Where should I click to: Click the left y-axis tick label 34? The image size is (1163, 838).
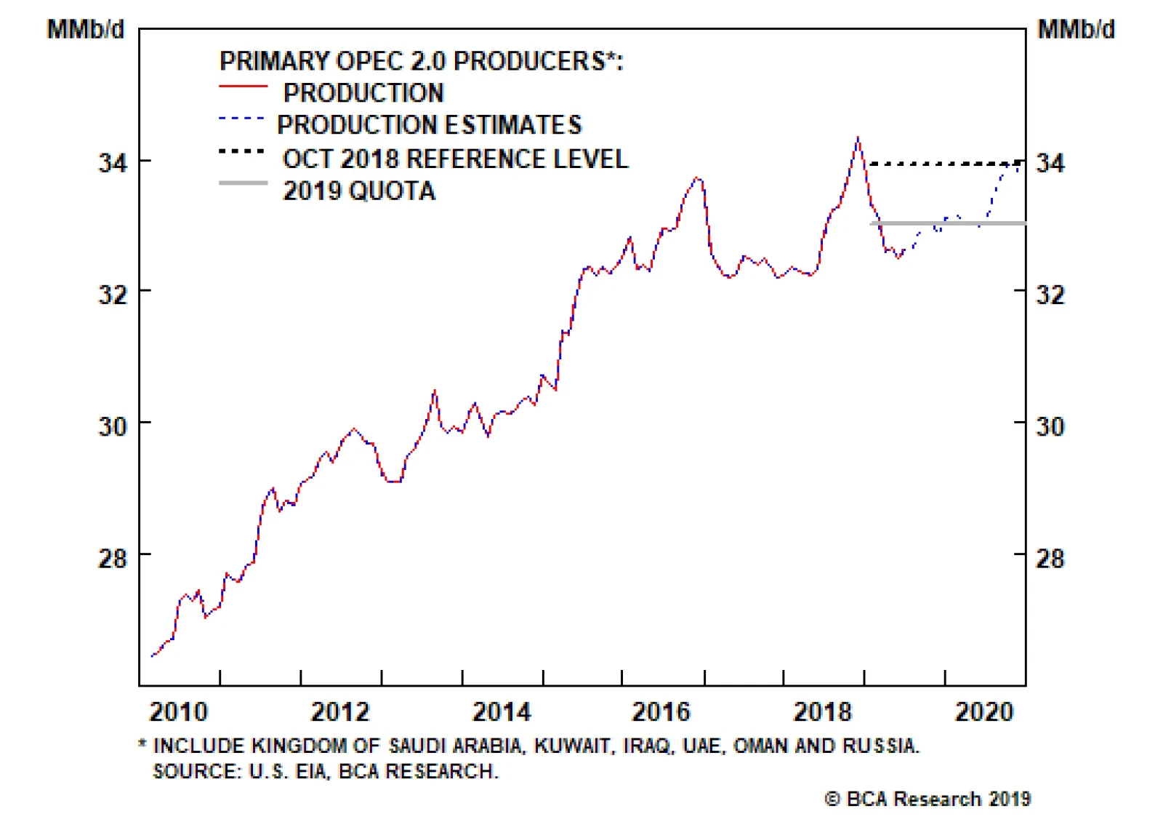coord(113,162)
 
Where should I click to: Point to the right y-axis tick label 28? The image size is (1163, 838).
coord(1050,558)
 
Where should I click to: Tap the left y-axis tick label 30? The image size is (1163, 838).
coord(113,426)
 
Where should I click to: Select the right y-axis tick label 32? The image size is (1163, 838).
coord(1050,294)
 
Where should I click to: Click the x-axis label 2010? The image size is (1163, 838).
coord(178,711)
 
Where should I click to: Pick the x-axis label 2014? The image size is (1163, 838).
coord(502,711)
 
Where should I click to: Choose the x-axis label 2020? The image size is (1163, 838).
coord(983,711)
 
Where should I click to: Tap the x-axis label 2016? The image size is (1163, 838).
coord(661,711)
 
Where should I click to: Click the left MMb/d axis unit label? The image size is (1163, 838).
coord(86,29)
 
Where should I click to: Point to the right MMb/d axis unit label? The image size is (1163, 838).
coord(1076,29)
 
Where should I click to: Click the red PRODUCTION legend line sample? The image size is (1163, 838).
coord(243,87)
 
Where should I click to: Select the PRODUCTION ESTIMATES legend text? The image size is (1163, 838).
coord(429,125)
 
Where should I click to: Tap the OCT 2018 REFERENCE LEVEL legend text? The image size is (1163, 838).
coord(455,159)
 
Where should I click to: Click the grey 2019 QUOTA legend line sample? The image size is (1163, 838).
coord(243,183)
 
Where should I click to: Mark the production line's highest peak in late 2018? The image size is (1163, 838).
coord(858,137)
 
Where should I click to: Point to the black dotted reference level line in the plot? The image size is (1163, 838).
coord(945,164)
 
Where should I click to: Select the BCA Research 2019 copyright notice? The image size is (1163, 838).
coord(927,799)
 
